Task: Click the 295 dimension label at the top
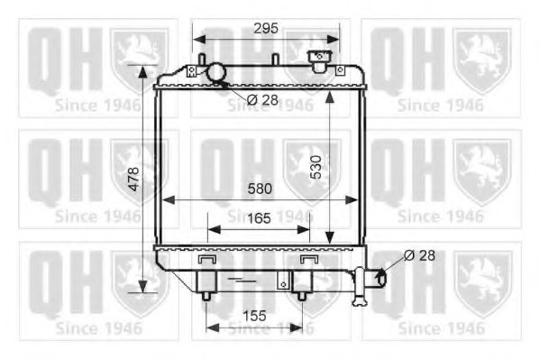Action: point(266,28)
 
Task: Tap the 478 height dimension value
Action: point(133,179)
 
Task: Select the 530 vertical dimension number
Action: point(316,167)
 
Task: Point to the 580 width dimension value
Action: point(260,189)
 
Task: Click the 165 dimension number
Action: point(259,218)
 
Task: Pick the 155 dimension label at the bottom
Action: point(254,316)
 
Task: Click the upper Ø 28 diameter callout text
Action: point(262,100)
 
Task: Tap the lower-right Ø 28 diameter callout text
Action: point(419,255)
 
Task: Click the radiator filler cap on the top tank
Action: point(319,61)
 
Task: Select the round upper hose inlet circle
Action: point(216,71)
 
